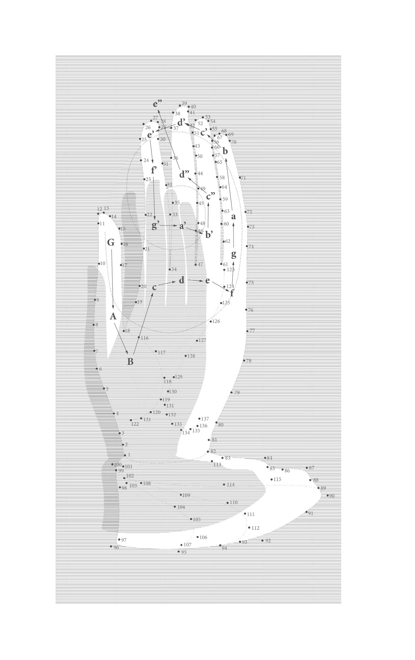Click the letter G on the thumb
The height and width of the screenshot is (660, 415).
pyautogui.click(x=111, y=242)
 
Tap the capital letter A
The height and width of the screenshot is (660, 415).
pyautogui.click(x=113, y=316)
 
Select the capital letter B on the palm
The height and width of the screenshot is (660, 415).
pyautogui.click(x=130, y=362)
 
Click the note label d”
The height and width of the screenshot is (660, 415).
pyautogui.click(x=184, y=174)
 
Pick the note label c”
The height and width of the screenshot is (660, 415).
pyautogui.click(x=210, y=196)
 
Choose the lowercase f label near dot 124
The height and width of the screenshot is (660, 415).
pyautogui.click(x=232, y=293)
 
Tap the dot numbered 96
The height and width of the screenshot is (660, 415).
pyautogui.click(x=111, y=546)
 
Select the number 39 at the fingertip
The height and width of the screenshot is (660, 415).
pyautogui.click(x=184, y=103)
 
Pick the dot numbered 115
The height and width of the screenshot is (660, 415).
pyautogui.click(x=271, y=479)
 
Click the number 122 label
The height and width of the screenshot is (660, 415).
pyautogui.click(x=135, y=424)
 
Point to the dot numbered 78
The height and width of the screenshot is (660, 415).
pyautogui.click(x=244, y=360)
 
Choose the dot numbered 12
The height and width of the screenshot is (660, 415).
pyautogui.click(x=98, y=214)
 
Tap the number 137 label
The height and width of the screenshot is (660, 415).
pyautogui.click(x=205, y=419)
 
